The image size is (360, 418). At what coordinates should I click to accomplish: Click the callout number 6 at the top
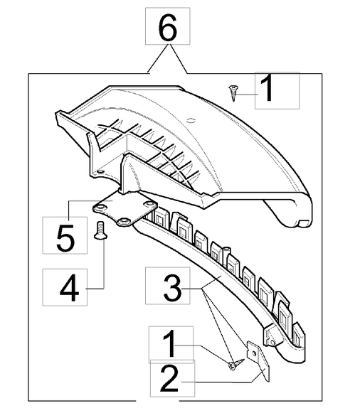168,26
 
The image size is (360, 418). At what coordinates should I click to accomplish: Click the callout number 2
169,378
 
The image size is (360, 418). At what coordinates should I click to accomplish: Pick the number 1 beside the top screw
268,87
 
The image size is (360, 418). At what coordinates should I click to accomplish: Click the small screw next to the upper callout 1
233,93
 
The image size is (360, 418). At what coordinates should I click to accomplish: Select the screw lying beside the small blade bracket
236,364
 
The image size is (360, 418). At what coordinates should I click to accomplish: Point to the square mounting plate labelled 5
125,210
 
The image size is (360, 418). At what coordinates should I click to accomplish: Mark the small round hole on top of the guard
190,120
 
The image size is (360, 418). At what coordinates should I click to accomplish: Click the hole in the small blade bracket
255,354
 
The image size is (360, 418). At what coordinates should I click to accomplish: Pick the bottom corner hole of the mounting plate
124,220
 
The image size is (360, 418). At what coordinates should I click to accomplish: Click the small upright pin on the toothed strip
226,250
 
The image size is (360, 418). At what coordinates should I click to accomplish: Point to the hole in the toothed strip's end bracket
272,342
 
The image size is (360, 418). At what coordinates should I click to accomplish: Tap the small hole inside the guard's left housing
100,171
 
